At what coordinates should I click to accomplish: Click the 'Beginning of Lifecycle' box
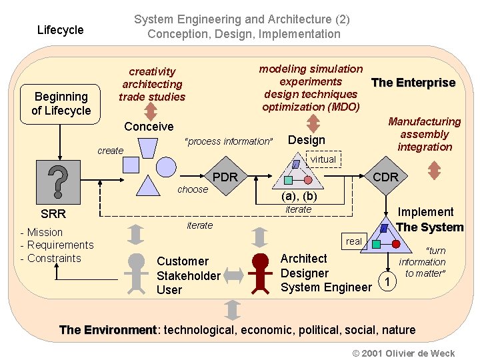point(61,104)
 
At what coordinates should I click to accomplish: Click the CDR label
point(385,177)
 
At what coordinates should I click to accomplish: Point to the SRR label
point(53,215)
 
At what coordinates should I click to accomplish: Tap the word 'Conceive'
point(149,127)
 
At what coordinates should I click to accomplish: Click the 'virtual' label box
point(323,160)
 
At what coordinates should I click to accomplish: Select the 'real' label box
point(354,241)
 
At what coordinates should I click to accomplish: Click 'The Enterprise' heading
point(413,83)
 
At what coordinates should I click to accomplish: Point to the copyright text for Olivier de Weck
point(403,353)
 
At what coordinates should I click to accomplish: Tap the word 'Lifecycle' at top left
point(60,30)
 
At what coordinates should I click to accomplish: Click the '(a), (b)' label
point(299,197)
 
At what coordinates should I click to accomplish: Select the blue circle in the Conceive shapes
point(165,165)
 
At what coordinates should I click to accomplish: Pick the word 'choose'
point(193,189)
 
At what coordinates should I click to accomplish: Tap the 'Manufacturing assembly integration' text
point(424,134)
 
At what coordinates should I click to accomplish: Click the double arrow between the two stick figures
point(231,273)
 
